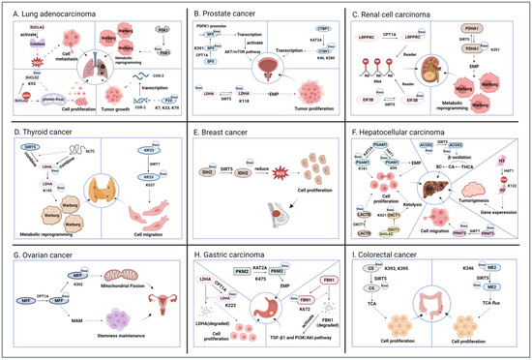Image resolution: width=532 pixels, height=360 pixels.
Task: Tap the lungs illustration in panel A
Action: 87,72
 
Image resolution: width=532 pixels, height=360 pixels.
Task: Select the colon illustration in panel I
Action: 443,308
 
